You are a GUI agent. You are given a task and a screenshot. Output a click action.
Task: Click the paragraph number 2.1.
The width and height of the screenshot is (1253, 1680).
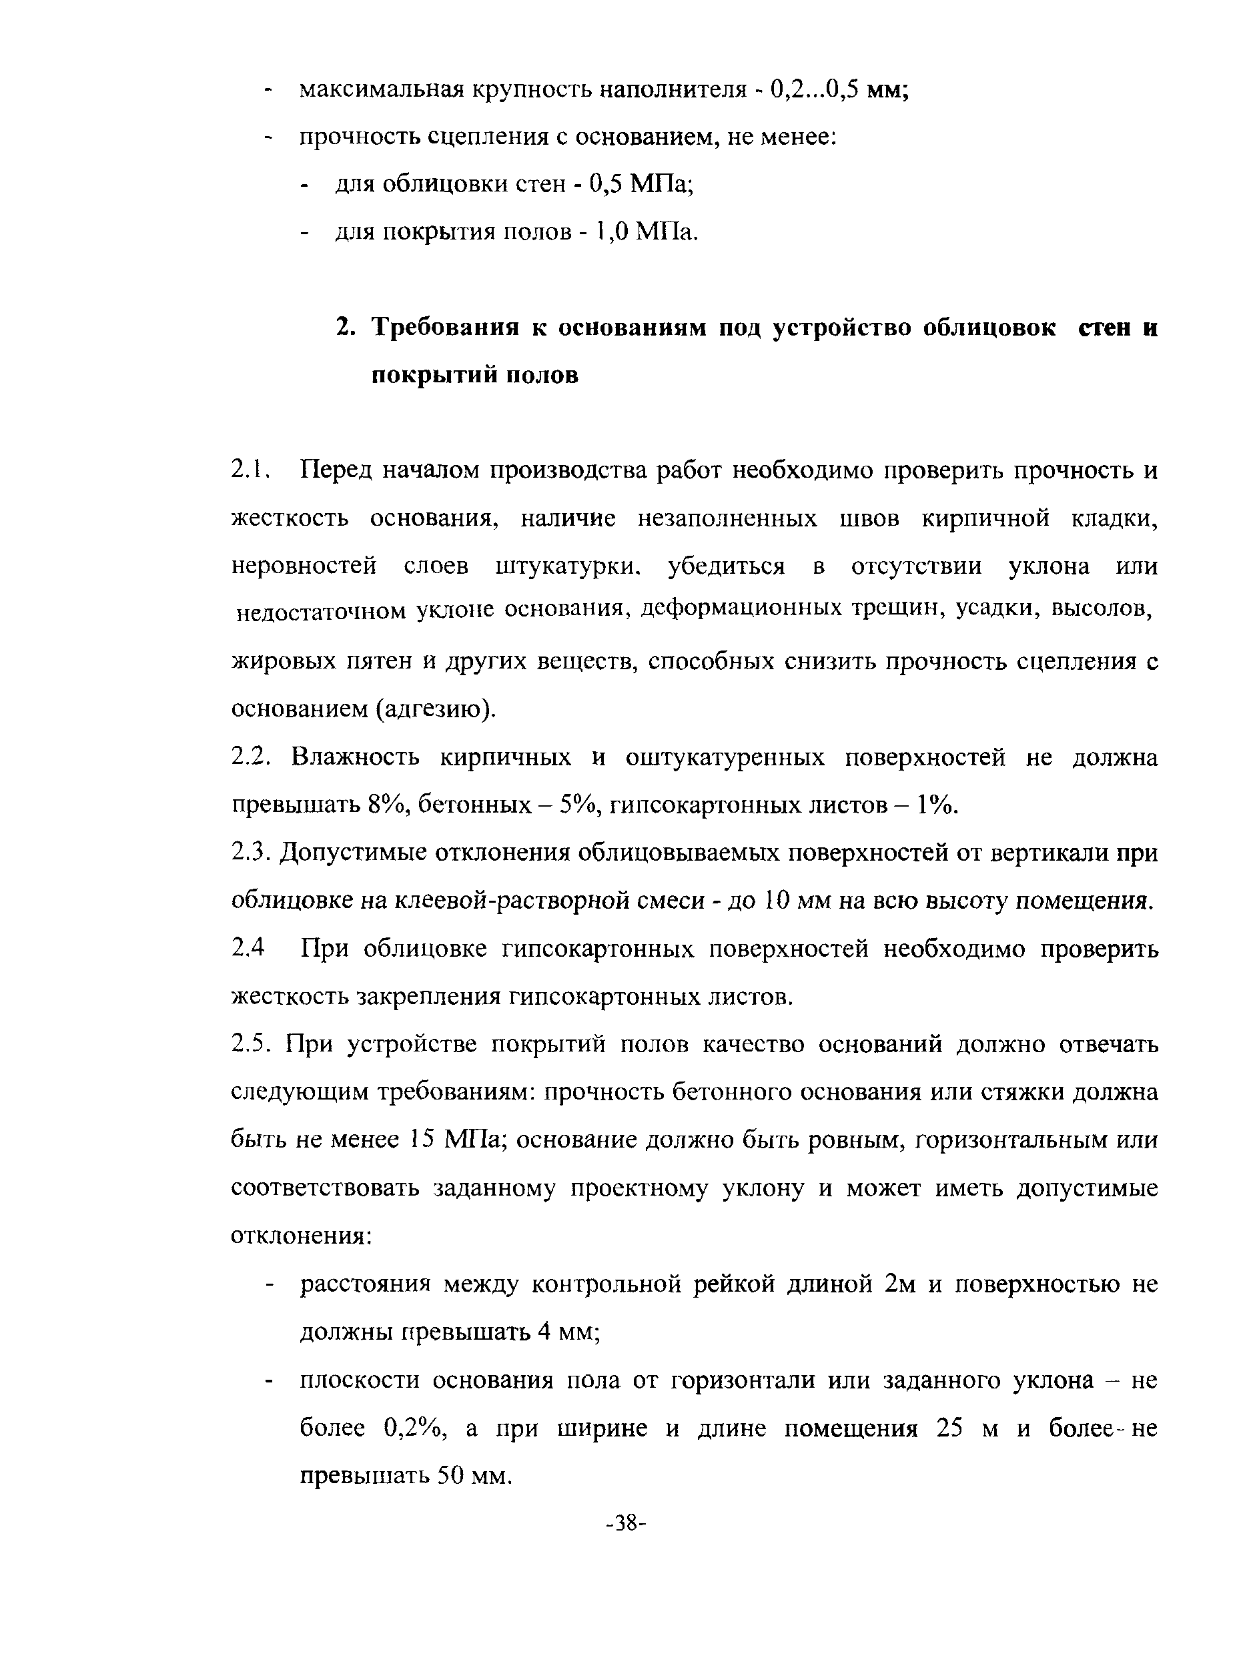coord(250,471)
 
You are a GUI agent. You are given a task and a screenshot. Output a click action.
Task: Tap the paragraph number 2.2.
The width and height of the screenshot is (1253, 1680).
coord(250,758)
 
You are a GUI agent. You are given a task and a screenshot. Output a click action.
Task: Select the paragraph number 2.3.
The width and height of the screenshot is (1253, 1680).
coord(250,853)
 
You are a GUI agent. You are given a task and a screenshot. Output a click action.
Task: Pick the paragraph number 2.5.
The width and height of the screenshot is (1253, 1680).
coord(250,1044)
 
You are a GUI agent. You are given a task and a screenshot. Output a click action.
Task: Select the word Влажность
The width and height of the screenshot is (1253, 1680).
coord(355,758)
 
